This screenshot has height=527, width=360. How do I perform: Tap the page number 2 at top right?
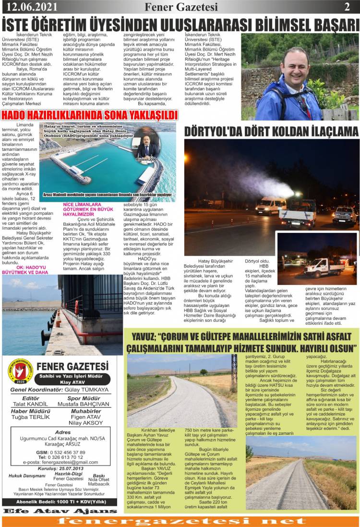pos(347,7)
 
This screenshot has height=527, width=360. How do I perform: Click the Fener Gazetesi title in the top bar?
pos(181,7)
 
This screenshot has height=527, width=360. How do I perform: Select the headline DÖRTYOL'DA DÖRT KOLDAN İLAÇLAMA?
pos(271,131)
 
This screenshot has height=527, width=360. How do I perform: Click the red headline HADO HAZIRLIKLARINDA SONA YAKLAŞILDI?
pos(90,115)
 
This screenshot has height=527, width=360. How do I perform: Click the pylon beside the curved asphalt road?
pos(234,371)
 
